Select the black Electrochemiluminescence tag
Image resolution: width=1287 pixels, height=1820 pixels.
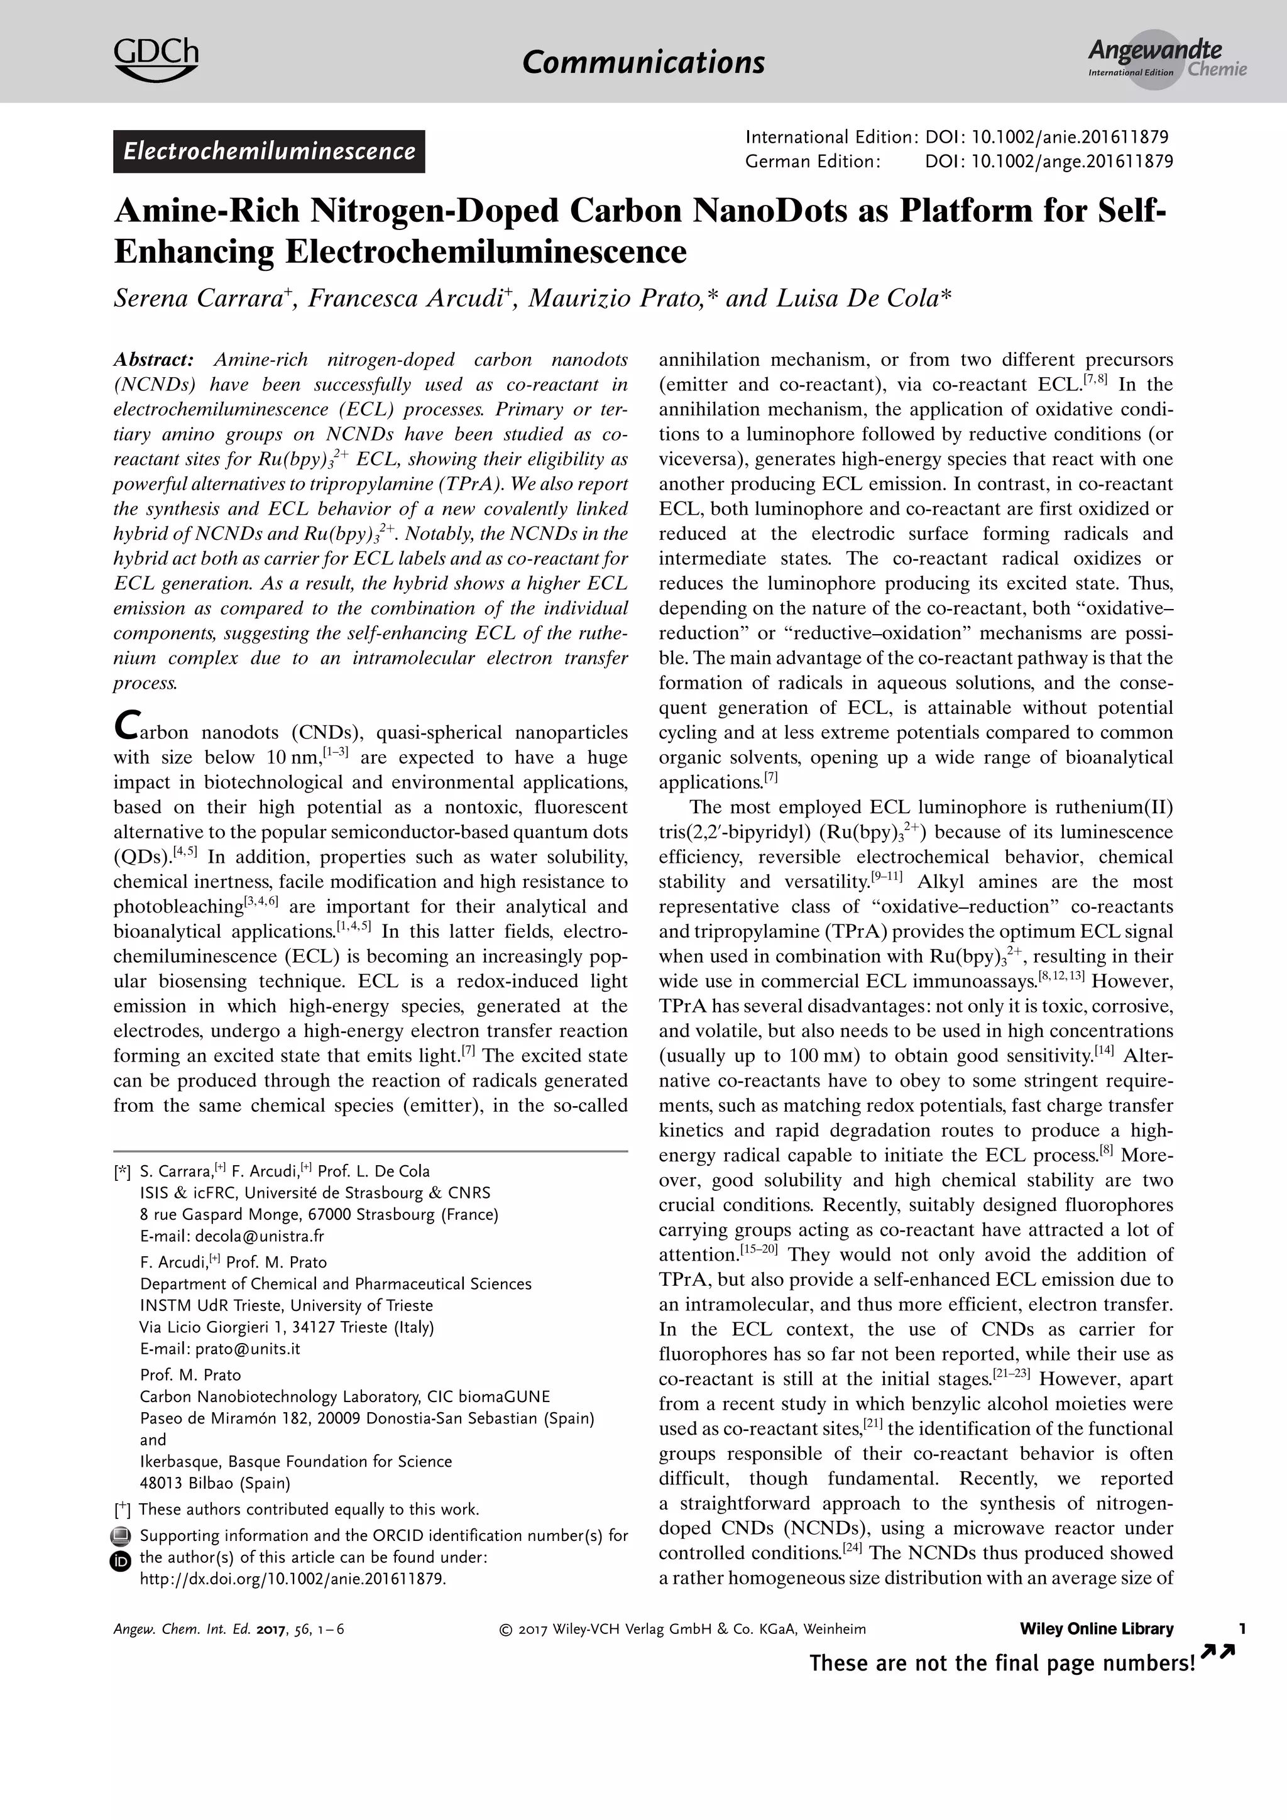pyautogui.click(x=269, y=151)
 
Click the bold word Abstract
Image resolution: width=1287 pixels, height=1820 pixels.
pyautogui.click(x=153, y=359)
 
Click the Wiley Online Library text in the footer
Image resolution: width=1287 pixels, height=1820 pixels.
pyautogui.click(x=1096, y=1629)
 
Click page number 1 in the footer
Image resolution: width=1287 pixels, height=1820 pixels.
pyautogui.click(x=1242, y=1629)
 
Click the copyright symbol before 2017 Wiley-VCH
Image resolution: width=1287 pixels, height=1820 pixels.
pyautogui.click(x=505, y=1630)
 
